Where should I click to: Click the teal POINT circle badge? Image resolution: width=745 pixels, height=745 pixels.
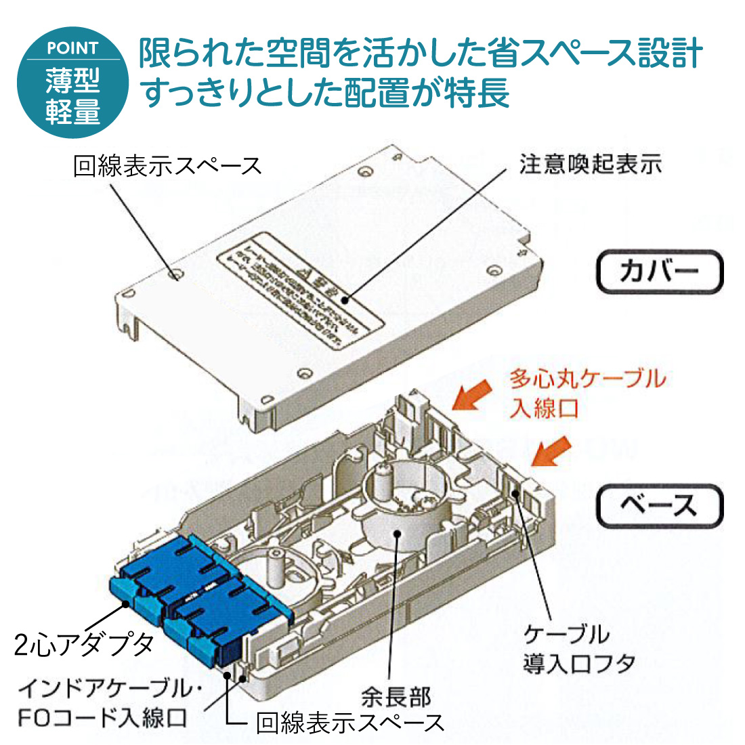(x=72, y=82)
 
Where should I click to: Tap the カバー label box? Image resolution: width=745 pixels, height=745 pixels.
(x=659, y=272)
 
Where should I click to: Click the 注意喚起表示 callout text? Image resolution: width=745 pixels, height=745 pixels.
(x=590, y=165)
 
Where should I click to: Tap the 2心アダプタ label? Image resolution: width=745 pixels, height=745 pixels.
(x=84, y=645)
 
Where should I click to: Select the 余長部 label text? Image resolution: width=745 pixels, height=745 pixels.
(x=396, y=696)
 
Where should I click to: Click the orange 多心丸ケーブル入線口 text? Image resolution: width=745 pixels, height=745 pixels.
(x=587, y=393)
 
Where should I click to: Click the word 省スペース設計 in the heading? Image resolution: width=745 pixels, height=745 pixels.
(x=595, y=54)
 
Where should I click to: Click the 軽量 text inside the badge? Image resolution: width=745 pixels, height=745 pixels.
(x=72, y=111)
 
